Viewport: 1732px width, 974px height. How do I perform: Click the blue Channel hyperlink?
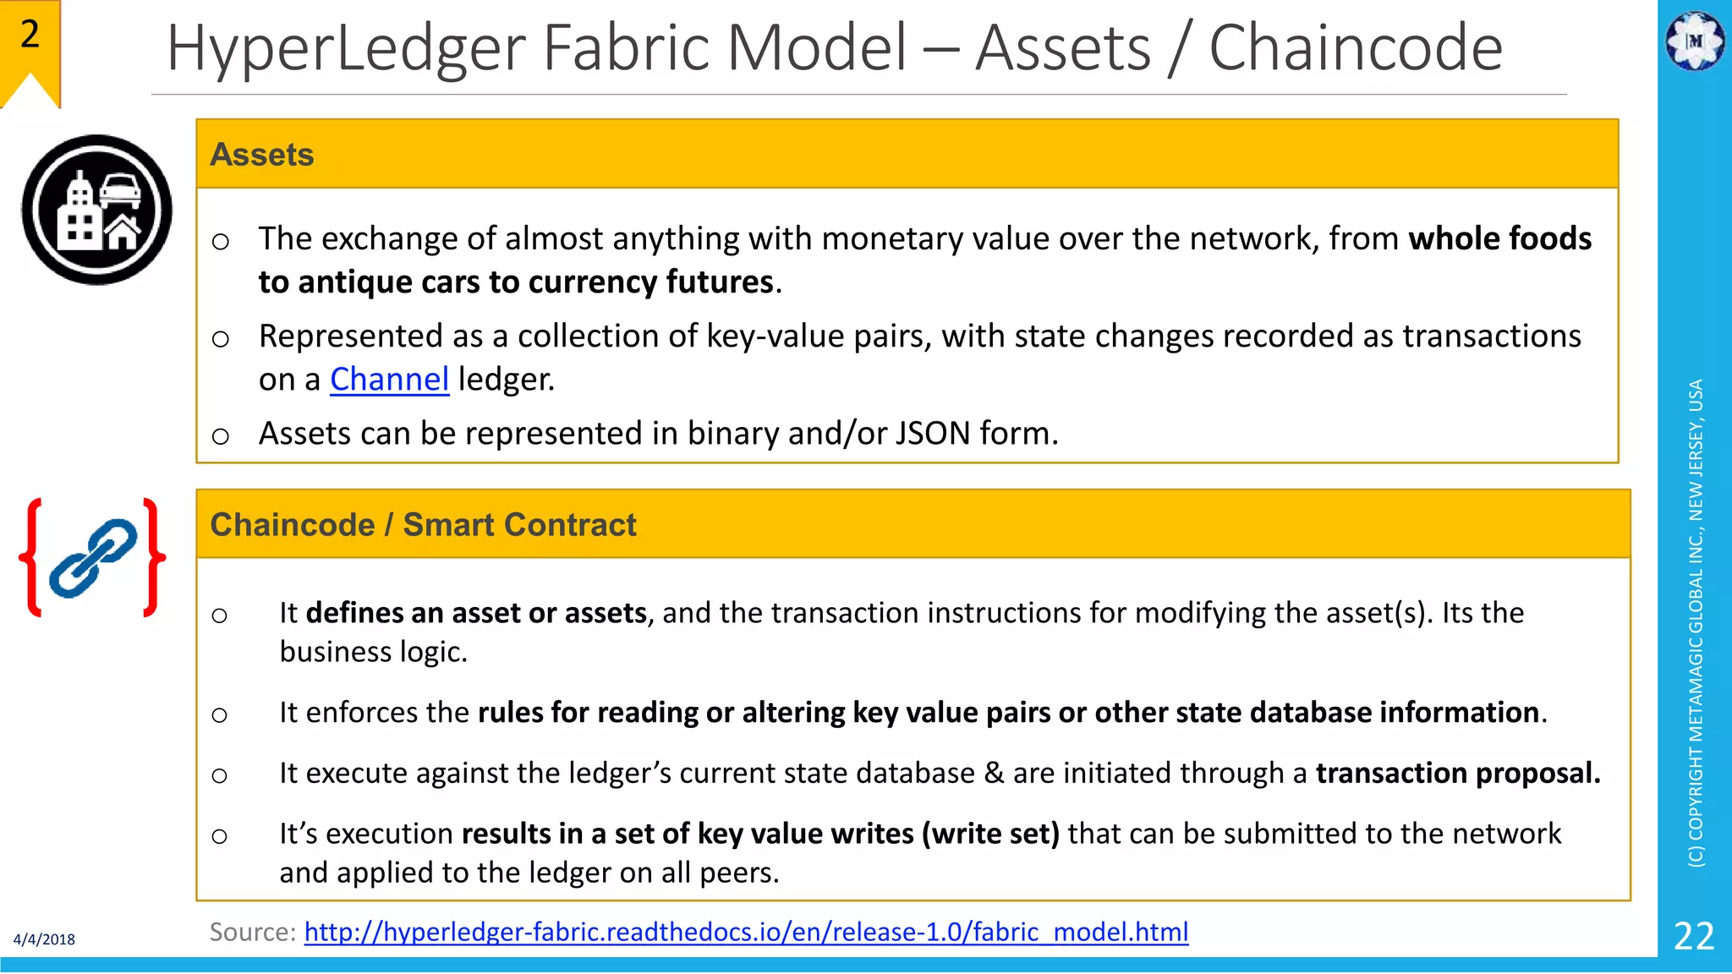[x=389, y=380]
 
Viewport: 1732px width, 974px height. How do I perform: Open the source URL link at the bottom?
[x=746, y=932]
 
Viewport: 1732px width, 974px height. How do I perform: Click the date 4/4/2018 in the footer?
[x=44, y=939]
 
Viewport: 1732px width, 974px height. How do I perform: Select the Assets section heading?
[x=262, y=155]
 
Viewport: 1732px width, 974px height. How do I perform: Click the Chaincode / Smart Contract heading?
[x=423, y=525]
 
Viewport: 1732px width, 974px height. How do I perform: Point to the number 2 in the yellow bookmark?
[x=30, y=35]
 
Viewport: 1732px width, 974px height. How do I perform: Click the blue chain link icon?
[x=93, y=558]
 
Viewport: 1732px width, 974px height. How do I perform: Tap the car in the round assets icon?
[x=120, y=189]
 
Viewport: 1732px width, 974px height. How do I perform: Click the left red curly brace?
[x=32, y=557]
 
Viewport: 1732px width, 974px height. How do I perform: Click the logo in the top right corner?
[x=1694, y=40]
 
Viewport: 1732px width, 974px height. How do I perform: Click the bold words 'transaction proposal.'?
[x=1458, y=774]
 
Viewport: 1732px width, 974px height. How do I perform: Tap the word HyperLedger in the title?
[x=346, y=48]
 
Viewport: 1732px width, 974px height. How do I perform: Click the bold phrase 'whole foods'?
[x=1499, y=239]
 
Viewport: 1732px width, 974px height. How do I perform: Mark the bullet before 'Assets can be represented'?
[x=221, y=436]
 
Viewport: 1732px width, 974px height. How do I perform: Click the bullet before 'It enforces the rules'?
[x=220, y=715]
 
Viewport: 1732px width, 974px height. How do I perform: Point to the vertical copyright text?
[x=1696, y=623]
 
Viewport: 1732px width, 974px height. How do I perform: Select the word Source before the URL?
[x=251, y=932]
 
